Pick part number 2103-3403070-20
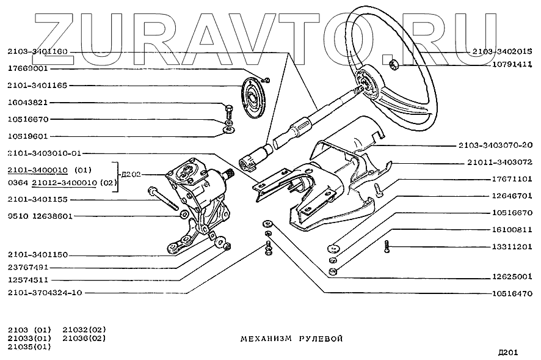[495, 145]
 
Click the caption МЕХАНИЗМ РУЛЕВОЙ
[287, 337]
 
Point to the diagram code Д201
[508, 351]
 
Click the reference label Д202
[131, 174]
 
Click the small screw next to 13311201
[387, 246]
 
